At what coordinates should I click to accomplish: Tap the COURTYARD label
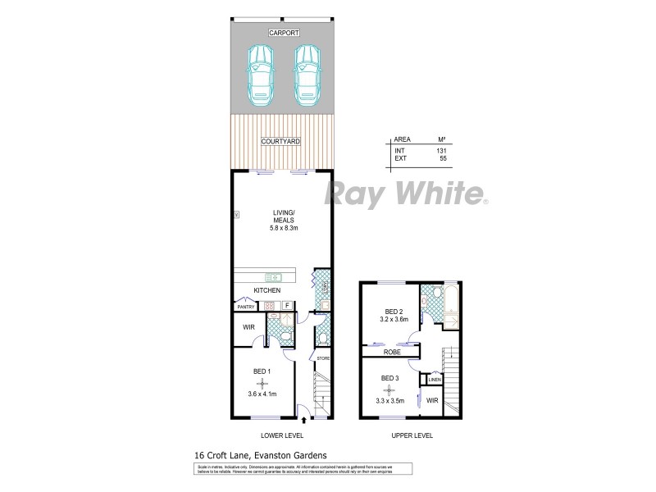pos(280,142)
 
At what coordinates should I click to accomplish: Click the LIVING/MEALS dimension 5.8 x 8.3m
pos(281,227)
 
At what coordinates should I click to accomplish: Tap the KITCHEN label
pos(267,291)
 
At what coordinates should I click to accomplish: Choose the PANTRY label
pos(245,307)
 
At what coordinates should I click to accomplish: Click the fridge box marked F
pos(287,306)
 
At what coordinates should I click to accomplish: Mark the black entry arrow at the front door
pos(304,421)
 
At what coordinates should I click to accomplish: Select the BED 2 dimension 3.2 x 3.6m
pos(395,321)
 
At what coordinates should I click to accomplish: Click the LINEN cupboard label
pos(434,380)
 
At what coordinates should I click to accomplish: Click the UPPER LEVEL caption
pos(412,435)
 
